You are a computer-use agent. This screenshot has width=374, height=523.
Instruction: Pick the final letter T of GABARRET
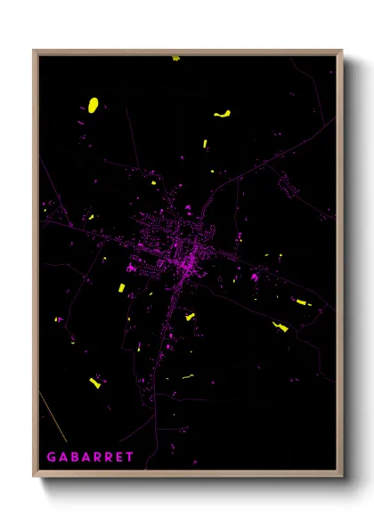point(130,457)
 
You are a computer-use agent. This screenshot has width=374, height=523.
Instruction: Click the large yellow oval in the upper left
point(93,105)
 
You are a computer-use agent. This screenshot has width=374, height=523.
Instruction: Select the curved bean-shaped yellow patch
point(222,113)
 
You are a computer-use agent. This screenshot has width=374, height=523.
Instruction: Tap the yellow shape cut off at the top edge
point(175,58)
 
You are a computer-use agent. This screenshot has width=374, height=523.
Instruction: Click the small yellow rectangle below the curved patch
point(206,143)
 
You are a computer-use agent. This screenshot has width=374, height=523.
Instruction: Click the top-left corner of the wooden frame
point(34,51)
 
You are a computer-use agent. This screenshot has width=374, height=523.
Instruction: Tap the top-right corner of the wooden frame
point(341,51)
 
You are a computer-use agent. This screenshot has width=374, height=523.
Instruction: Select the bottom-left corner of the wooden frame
point(34,477)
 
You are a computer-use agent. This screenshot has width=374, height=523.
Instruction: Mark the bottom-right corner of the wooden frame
point(341,477)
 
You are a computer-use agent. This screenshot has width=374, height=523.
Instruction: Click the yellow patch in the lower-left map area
point(93,382)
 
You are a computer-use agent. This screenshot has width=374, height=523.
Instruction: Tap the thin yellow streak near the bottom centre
point(188,377)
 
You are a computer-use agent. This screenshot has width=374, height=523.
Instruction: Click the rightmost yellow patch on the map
point(304,302)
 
